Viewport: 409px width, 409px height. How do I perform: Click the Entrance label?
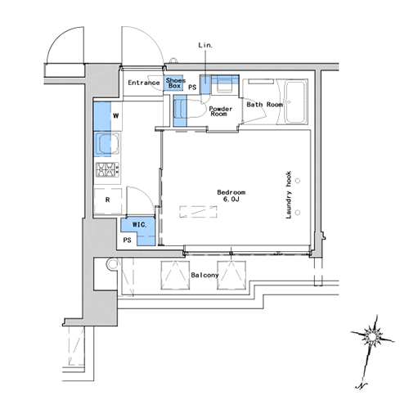[144, 83]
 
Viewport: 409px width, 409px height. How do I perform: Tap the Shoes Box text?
[175, 83]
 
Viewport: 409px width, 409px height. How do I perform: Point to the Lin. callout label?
[205, 45]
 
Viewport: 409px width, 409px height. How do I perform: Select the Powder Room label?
[220, 111]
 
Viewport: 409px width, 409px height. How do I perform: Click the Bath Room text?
[264, 105]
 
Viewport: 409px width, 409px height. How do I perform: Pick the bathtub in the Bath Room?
[294, 102]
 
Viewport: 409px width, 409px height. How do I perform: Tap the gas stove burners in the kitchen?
[107, 169]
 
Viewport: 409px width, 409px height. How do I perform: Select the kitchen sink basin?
[108, 144]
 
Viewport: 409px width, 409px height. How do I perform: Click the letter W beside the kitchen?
[116, 115]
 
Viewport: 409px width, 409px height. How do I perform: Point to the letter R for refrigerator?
[108, 200]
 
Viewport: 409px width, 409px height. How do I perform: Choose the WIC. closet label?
[139, 225]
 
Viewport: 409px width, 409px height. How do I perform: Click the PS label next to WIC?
[127, 240]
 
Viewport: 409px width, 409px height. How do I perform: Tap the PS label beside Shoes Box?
[192, 87]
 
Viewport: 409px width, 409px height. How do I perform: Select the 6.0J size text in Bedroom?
[231, 199]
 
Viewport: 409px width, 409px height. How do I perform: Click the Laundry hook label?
[289, 195]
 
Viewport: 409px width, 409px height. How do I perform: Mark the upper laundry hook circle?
[298, 181]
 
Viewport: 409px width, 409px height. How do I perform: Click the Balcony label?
[204, 275]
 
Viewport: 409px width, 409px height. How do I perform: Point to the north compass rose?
[372, 338]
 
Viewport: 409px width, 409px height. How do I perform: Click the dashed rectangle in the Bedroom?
[198, 212]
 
